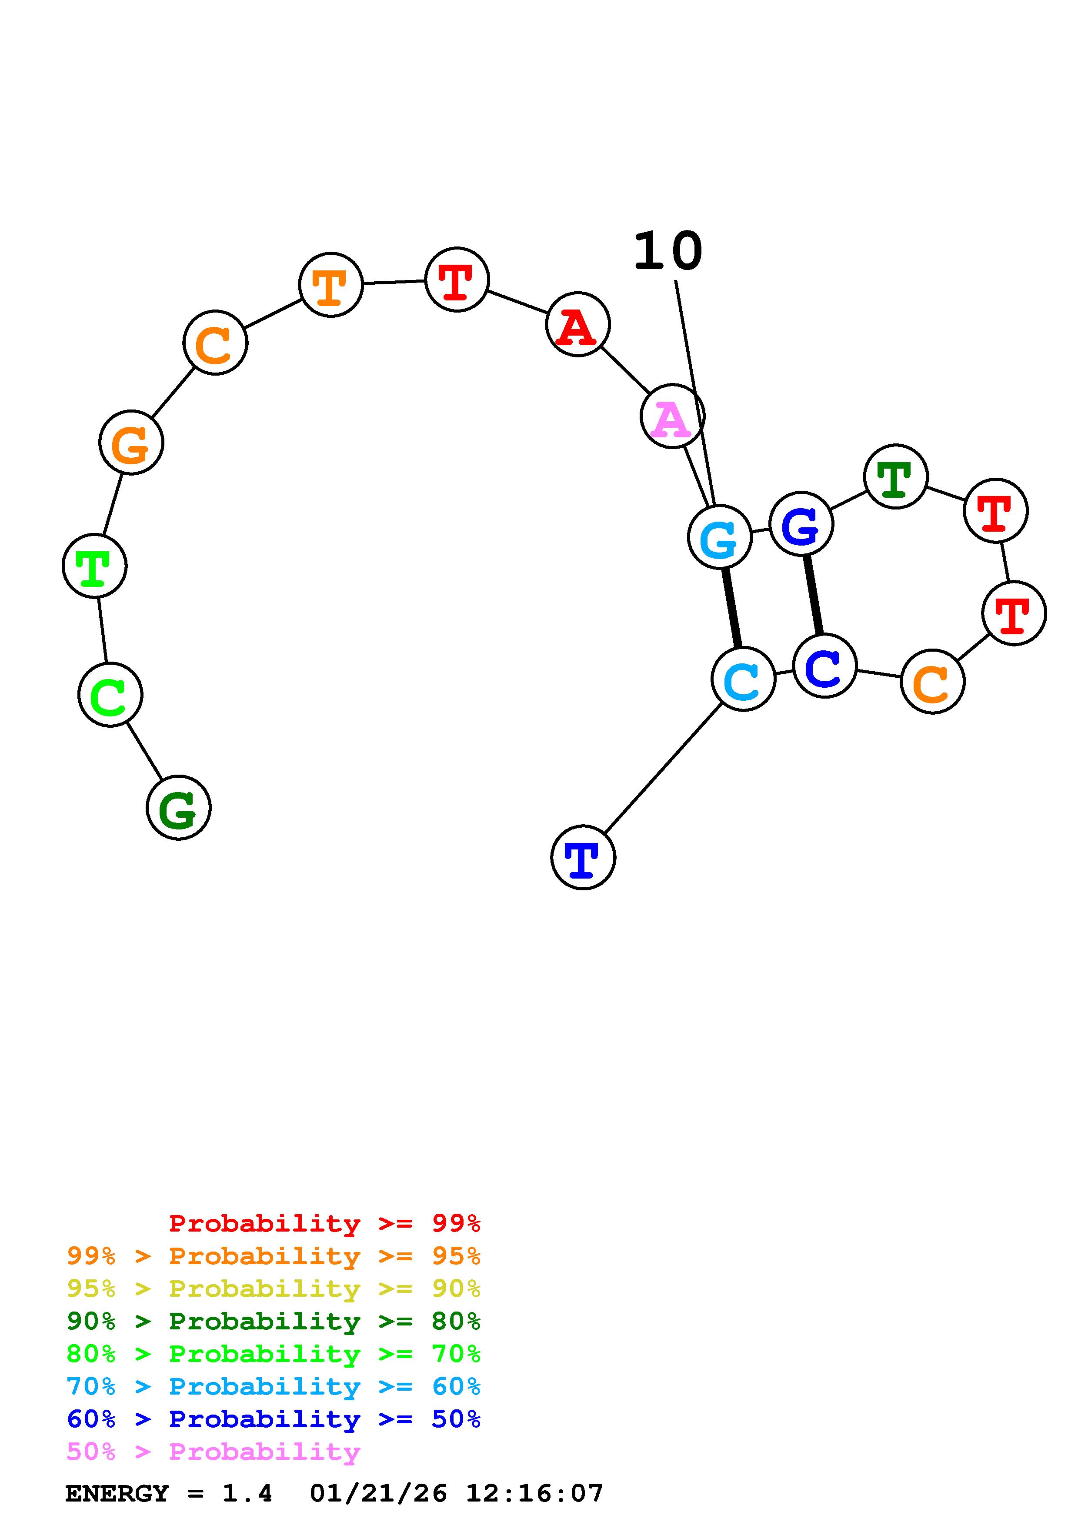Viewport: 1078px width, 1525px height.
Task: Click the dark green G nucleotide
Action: click(x=178, y=808)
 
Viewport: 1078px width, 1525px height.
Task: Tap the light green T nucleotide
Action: click(x=94, y=566)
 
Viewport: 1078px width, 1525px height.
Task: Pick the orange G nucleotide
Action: click(x=131, y=443)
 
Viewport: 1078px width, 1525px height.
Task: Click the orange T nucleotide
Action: click(x=331, y=284)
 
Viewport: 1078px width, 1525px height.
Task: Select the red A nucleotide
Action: click(x=577, y=324)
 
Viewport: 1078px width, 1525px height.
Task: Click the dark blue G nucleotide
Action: click(x=801, y=524)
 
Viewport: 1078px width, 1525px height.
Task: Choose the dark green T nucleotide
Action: click(x=895, y=476)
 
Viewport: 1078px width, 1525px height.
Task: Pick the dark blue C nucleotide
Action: click(x=825, y=666)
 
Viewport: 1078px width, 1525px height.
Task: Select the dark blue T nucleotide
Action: click(x=583, y=857)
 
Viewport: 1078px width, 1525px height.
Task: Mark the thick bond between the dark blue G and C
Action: click(x=813, y=595)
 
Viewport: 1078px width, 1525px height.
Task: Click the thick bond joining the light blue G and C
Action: click(x=731, y=608)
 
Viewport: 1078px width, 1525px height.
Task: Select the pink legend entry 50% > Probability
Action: click(x=213, y=1452)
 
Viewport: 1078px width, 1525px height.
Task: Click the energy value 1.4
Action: click(x=247, y=1494)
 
